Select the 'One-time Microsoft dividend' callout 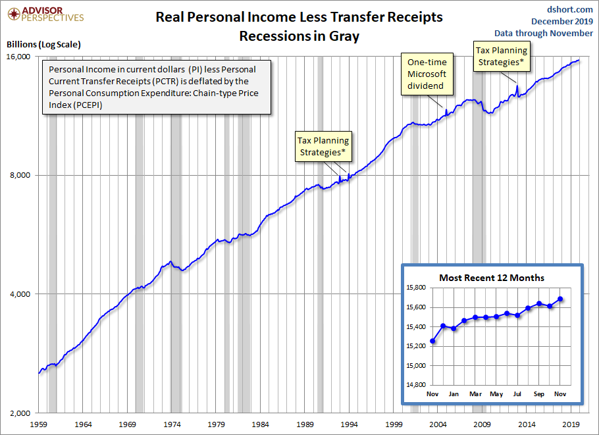click(x=427, y=74)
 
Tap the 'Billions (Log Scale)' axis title click(x=43, y=44)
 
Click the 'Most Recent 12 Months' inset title click(x=492, y=278)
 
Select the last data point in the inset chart click(x=560, y=299)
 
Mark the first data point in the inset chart click(x=432, y=341)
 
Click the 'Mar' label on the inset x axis click(x=475, y=394)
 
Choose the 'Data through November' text click(x=544, y=34)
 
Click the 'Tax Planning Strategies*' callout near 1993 click(x=323, y=146)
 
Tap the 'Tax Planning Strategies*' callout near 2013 click(x=502, y=56)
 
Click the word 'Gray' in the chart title click(x=345, y=36)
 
